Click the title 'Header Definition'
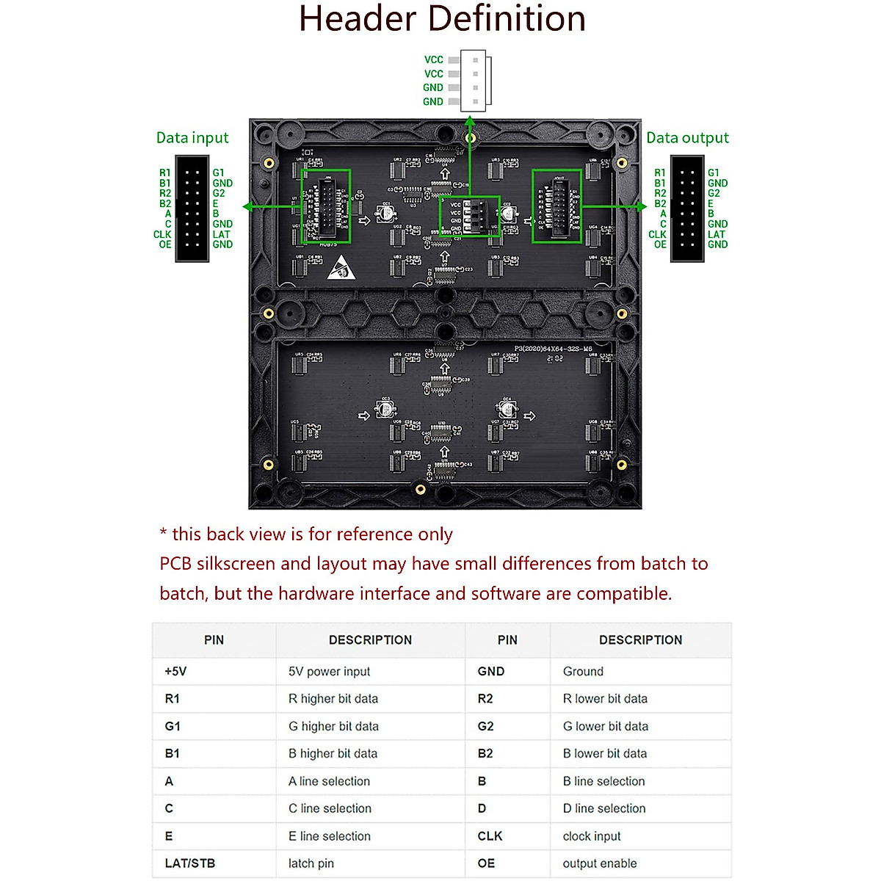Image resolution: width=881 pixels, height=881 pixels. [x=442, y=20]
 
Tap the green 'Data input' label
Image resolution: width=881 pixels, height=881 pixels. [x=192, y=138]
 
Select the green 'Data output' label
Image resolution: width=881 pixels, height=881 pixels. [x=687, y=138]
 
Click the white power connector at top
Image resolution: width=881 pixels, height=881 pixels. [x=476, y=81]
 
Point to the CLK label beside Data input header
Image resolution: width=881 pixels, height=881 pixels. [x=162, y=235]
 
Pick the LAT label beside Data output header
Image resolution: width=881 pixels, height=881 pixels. [x=716, y=235]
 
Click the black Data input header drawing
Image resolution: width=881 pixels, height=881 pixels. [x=192, y=209]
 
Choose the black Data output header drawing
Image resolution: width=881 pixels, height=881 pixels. [x=688, y=209]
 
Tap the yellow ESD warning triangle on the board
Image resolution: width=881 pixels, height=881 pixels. [x=341, y=268]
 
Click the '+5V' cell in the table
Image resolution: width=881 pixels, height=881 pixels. [x=175, y=671]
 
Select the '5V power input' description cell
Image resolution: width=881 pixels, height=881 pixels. [x=329, y=671]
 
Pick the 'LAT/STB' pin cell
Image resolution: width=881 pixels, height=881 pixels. [x=189, y=863]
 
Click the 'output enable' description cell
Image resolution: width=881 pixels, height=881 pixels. [x=600, y=863]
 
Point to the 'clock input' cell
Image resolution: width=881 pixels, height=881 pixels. [x=592, y=836]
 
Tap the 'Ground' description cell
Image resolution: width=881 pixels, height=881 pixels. [x=583, y=671]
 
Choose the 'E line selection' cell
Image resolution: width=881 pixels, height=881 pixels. [x=330, y=836]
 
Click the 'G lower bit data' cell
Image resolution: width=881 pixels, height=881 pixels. [x=606, y=726]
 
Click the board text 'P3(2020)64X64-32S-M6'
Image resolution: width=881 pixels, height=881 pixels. [x=553, y=349]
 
